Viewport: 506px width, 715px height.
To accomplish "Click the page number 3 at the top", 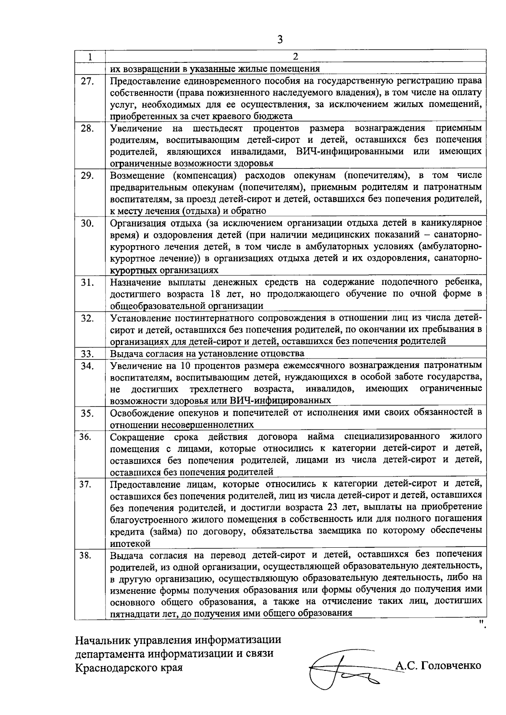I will pos(280,40).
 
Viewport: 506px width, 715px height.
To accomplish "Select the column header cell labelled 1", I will pos(90,56).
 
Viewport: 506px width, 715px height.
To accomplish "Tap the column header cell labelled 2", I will pos(296,56).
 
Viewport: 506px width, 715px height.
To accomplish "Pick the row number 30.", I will pos(87,223).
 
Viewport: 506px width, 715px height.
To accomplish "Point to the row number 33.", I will pos(87,353).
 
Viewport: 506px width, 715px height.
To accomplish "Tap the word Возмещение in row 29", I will pos(137,175).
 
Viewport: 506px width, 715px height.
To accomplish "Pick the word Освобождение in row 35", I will pos(143,412).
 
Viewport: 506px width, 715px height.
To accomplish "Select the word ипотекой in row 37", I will pos(130,543).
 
